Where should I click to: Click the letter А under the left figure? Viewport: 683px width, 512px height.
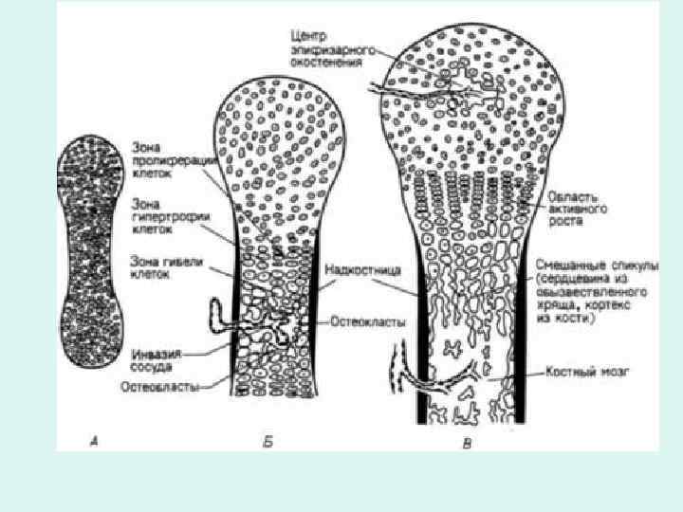click(92, 440)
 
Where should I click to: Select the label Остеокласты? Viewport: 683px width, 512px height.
click(368, 322)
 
